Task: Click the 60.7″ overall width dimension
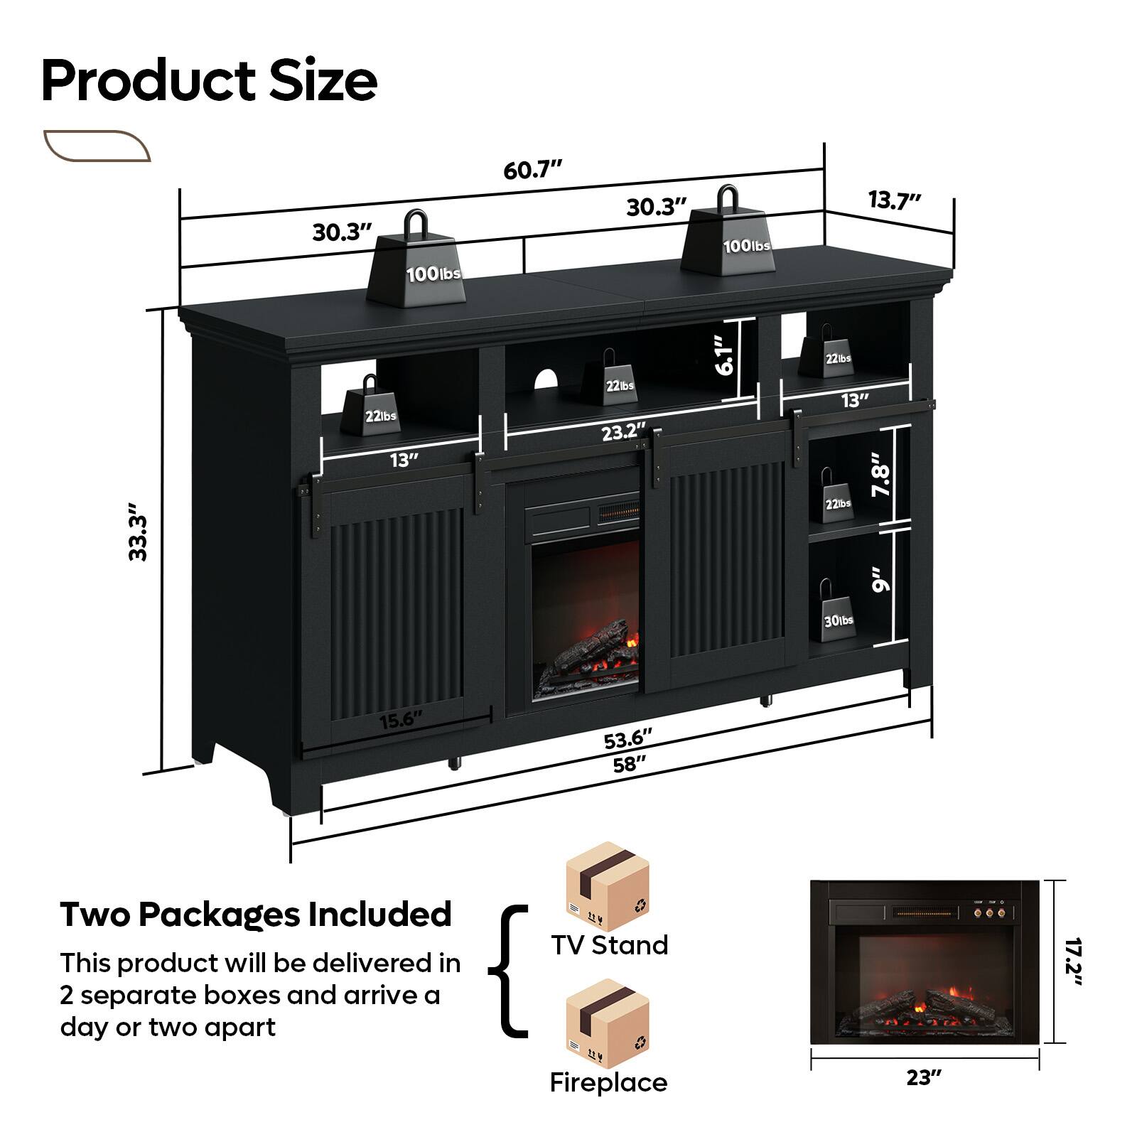click(x=532, y=171)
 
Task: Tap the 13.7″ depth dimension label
click(x=895, y=200)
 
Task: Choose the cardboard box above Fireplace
click(x=607, y=1020)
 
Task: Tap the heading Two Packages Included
click(x=256, y=915)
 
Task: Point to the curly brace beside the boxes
click(x=508, y=971)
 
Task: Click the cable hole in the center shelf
click(x=545, y=378)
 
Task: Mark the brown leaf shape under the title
click(x=97, y=146)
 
